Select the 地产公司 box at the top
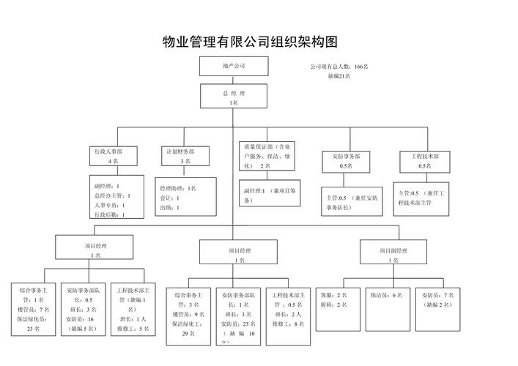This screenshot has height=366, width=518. [234, 66]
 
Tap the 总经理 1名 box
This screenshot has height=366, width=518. [234, 98]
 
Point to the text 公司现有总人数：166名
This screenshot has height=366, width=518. [338, 67]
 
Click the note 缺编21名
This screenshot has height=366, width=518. [338, 76]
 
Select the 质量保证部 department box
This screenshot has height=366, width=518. [270, 156]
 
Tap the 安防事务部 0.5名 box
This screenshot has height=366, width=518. [347, 161]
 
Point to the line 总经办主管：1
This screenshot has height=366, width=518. [112, 195]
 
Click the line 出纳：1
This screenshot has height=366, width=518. [169, 208]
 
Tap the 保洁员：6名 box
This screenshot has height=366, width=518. [385, 295]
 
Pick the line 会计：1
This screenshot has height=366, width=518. [169, 198]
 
